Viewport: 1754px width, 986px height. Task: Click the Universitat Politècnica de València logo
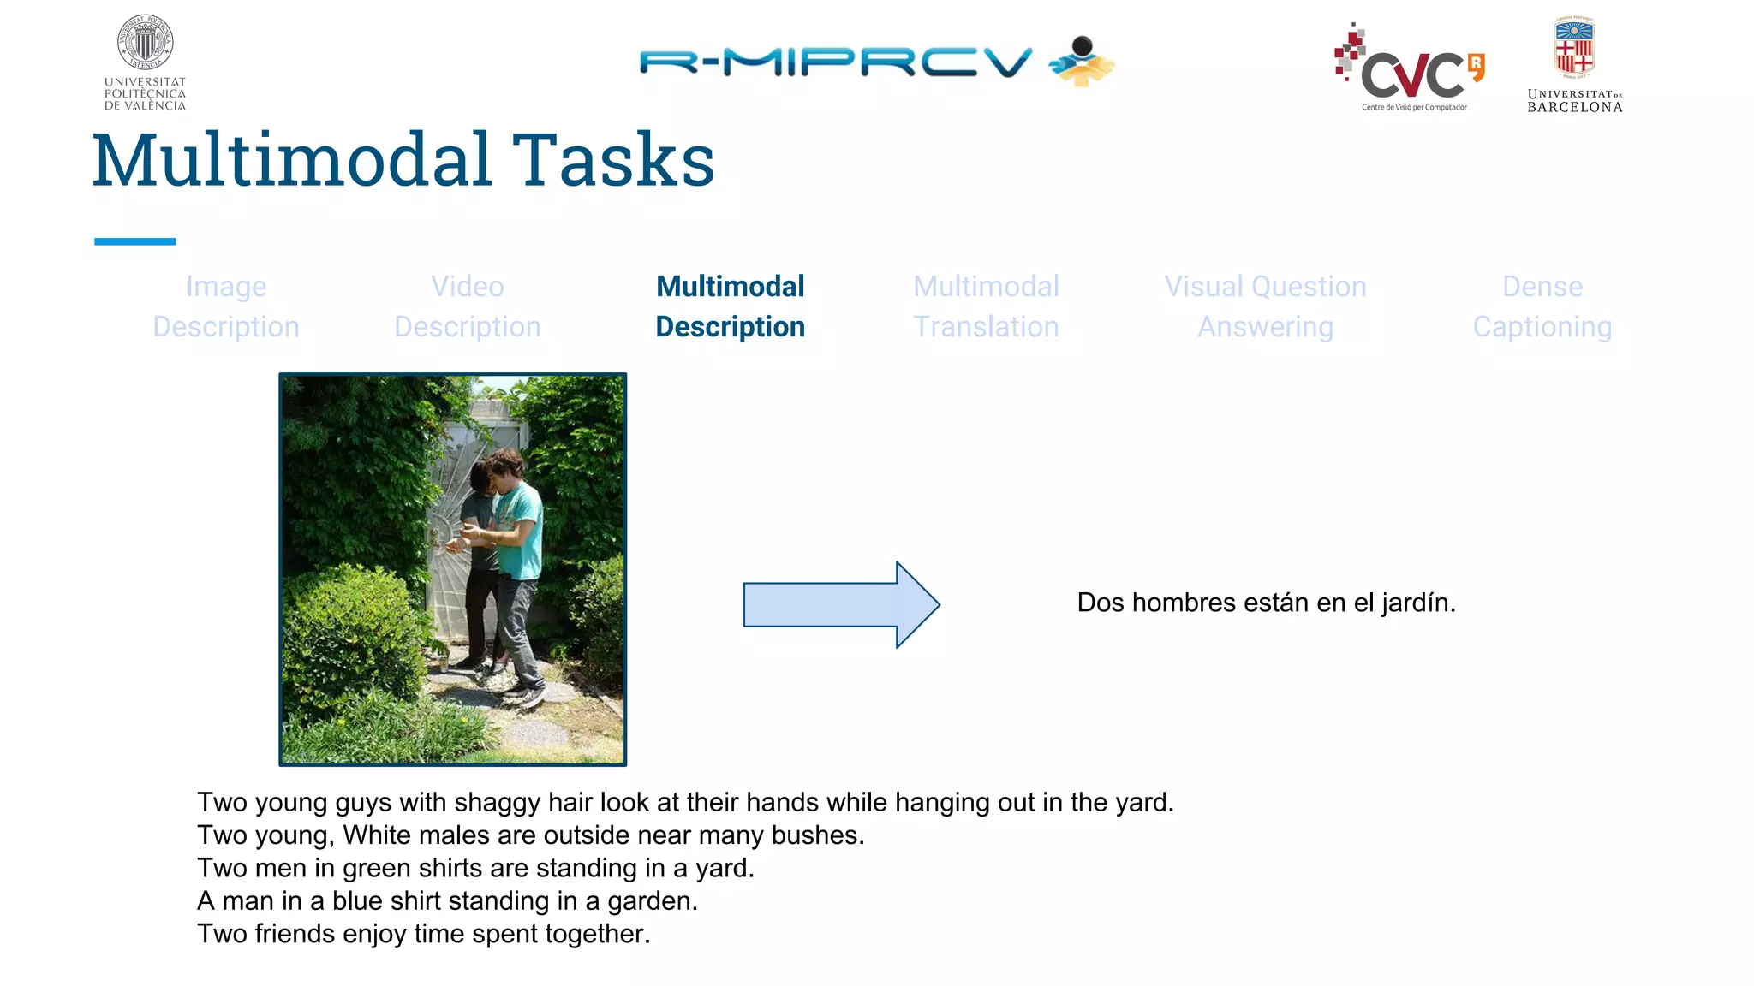pyautogui.click(x=145, y=62)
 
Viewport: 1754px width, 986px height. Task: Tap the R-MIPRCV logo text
pyautogui.click(x=835, y=62)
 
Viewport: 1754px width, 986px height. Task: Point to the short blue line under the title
pyautogui.click(x=134, y=241)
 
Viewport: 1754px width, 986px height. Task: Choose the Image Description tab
pyautogui.click(x=226, y=306)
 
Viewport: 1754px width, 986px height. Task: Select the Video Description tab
pyautogui.click(x=468, y=306)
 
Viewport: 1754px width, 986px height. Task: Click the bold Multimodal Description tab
pyautogui.click(x=730, y=306)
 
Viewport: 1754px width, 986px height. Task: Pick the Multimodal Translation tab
pyautogui.click(x=986, y=306)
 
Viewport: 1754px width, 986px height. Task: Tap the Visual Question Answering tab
pyautogui.click(x=1265, y=306)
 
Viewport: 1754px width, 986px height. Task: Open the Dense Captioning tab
pyautogui.click(x=1542, y=306)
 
